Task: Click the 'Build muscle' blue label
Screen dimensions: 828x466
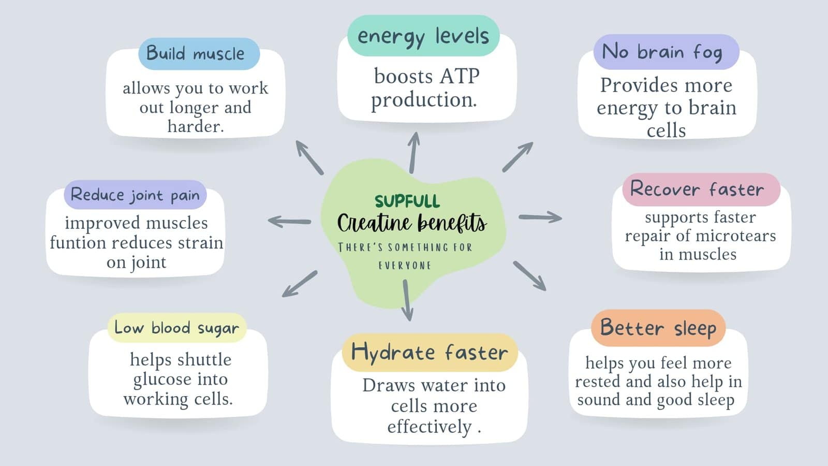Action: click(199, 54)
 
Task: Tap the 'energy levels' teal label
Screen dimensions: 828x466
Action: click(423, 36)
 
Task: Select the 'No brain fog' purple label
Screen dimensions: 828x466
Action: click(666, 52)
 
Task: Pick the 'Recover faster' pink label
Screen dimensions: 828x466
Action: click(701, 190)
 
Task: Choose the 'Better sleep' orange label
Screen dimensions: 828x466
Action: click(658, 328)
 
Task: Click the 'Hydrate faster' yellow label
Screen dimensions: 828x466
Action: click(430, 353)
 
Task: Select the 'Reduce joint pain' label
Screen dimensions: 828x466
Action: click(135, 195)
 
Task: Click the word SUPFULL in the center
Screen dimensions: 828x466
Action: click(407, 201)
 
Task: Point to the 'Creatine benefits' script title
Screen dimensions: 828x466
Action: click(412, 223)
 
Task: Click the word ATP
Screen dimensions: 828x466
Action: click(460, 77)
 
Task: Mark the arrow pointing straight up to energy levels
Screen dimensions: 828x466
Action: click(414, 152)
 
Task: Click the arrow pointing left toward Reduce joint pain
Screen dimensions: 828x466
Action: click(289, 222)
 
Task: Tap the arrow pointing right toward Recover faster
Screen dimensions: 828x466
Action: click(540, 217)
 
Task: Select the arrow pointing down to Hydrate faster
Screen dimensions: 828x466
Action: click(407, 300)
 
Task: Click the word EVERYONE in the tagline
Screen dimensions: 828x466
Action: click(405, 266)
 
